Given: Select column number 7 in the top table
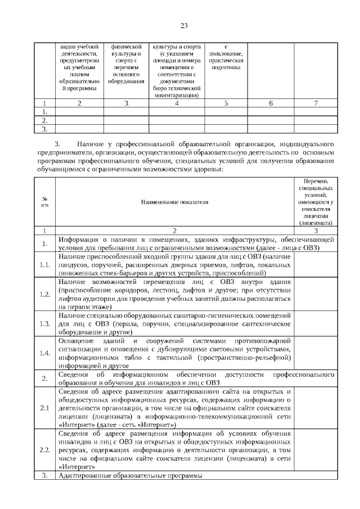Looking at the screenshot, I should coord(315,103).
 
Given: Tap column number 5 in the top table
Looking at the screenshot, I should coord(226,103).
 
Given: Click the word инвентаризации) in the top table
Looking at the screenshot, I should coord(177,95).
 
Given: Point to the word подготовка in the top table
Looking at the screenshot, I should coord(226,67).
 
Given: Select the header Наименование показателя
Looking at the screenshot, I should coord(174,201).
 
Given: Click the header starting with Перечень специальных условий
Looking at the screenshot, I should coord(315,201).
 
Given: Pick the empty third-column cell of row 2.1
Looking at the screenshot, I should coord(315,407).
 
